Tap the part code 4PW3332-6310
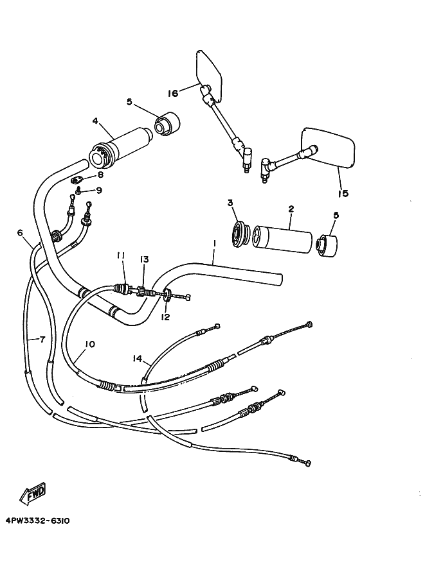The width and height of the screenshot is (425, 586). pos(37,521)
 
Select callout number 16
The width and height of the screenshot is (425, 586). pos(172,94)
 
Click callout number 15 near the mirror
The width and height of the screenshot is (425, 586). pos(343,193)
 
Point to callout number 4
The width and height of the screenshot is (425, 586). pos(95,120)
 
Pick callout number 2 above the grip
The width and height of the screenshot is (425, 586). pos(291,209)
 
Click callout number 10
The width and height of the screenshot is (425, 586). pos(89,345)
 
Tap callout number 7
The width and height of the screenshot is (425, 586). pos(42,339)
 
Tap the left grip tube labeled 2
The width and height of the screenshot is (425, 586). pos(283,237)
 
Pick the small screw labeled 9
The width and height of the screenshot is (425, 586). pos(78,191)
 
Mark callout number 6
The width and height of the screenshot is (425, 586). pos(20,233)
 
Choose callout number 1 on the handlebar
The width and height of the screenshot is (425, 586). pos(213,245)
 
